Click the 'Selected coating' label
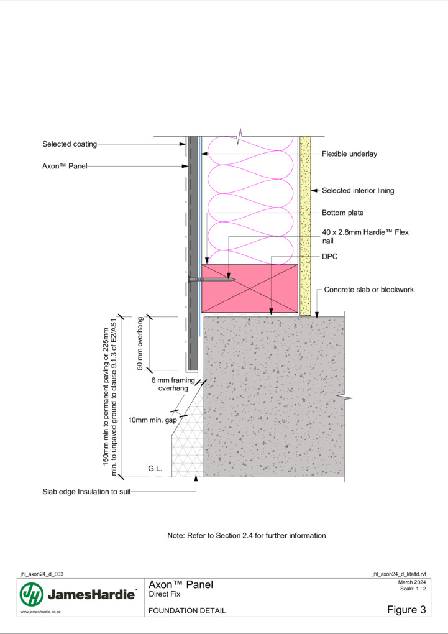click(70, 144)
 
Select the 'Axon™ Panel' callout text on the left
click(65, 166)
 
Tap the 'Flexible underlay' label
click(349, 154)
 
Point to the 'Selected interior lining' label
click(358, 191)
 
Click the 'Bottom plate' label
click(342, 213)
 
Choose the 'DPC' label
click(329, 257)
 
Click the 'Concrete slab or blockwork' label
click(368, 290)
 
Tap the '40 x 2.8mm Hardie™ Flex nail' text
click(365, 237)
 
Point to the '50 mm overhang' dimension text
click(140, 343)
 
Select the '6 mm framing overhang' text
click(173, 384)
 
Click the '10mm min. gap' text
click(152, 420)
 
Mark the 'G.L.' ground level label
click(155, 469)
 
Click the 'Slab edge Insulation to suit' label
click(86, 492)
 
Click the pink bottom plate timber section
click(250, 288)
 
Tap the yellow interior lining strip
click(305, 226)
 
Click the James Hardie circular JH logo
click(32, 594)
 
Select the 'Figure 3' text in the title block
click(406, 610)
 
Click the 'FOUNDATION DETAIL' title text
click(187, 610)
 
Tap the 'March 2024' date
click(412, 582)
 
